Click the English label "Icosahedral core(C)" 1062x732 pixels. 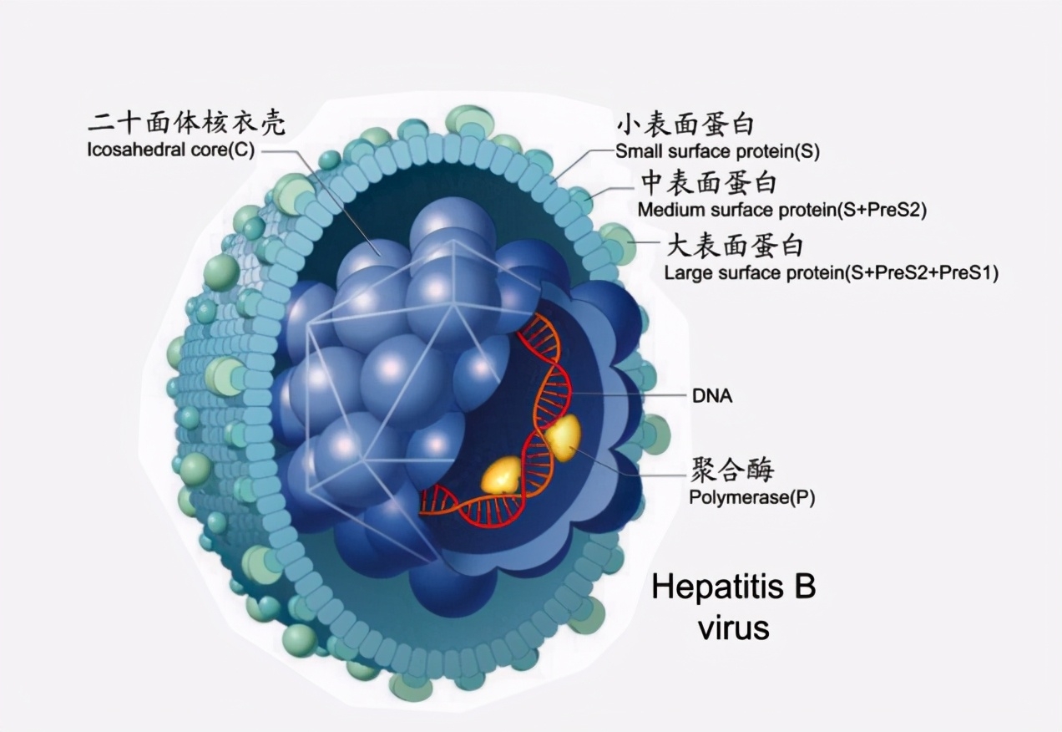click(170, 151)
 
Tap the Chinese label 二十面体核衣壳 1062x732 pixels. click(187, 124)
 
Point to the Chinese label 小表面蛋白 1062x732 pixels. click(685, 125)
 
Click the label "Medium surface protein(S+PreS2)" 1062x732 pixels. click(781, 210)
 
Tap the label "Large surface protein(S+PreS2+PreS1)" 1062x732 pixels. click(831, 273)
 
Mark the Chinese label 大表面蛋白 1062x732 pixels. click(734, 246)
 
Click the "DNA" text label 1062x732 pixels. click(712, 396)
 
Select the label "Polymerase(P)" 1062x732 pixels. click(751, 498)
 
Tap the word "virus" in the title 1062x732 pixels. click(733, 627)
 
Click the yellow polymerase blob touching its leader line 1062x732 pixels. click(561, 437)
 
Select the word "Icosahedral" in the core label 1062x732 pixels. click(127, 151)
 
